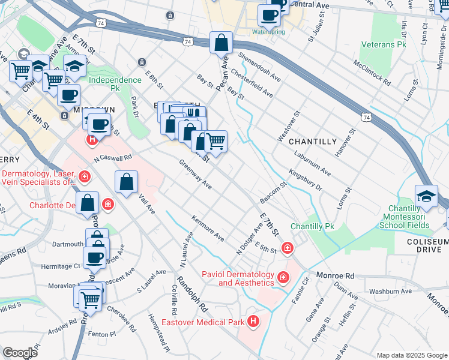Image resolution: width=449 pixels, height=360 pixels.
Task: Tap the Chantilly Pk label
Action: pos(312,226)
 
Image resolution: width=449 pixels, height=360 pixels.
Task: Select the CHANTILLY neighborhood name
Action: pos(313,141)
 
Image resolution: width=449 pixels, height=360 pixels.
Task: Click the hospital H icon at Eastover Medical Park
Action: pos(254,322)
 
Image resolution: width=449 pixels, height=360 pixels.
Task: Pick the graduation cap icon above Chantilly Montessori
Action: pos(426,196)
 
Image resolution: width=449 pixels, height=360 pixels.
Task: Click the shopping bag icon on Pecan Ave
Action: pos(221,43)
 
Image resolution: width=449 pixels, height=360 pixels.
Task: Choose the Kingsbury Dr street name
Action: pos(306,179)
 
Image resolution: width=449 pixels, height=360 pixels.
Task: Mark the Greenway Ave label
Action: pos(195,175)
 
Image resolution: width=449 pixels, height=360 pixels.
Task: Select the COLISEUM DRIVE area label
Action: pos(428,246)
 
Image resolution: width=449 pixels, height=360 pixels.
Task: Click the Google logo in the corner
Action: pos(20,353)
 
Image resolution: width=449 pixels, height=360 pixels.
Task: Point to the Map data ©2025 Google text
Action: pos(411,355)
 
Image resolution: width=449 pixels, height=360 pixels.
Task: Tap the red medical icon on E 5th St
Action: pos(288,248)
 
